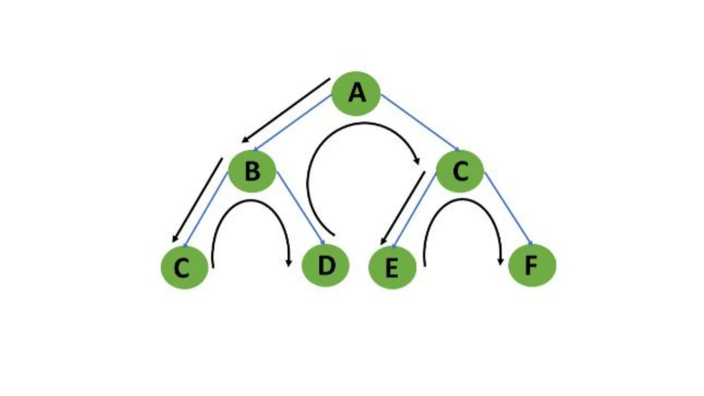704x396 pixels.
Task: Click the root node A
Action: click(356, 93)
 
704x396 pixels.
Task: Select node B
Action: click(252, 171)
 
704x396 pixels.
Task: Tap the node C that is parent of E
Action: click(460, 171)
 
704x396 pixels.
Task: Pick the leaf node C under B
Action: click(185, 267)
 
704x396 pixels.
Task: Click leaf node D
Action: click(326, 265)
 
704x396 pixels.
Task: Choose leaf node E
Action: click(392, 267)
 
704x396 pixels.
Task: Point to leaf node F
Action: click(532, 265)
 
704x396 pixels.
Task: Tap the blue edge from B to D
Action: click(300, 208)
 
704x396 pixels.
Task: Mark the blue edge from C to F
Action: click(508, 208)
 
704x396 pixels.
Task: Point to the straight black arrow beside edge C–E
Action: click(403, 208)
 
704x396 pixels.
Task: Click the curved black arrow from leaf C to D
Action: click(251, 201)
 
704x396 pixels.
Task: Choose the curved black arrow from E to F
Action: click(462, 201)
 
